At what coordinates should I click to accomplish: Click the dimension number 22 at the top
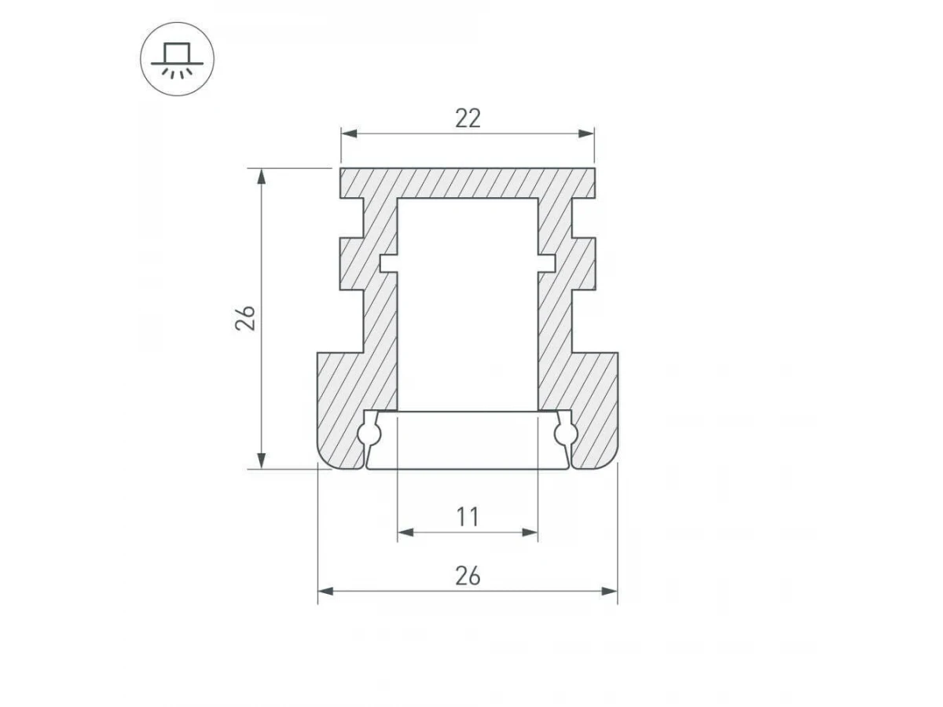click(468, 119)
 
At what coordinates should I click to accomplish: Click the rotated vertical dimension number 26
click(245, 318)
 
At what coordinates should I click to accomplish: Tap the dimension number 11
click(468, 517)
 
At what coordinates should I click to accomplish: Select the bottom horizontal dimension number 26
click(468, 576)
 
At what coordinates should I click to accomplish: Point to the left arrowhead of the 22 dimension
click(349, 134)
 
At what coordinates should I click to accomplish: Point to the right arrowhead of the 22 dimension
click(586, 134)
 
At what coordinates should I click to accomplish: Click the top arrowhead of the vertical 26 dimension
click(261, 177)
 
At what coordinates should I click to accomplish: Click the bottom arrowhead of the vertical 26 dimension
click(261, 460)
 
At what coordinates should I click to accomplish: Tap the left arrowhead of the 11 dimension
click(405, 533)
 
